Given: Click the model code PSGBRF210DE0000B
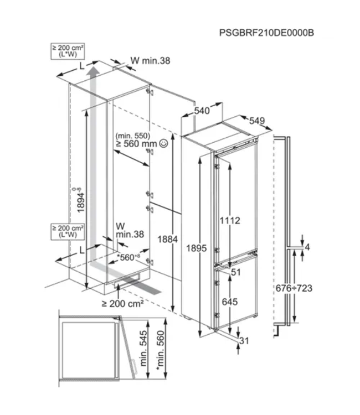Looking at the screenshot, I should (x=267, y=33).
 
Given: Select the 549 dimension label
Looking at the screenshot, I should (x=257, y=121).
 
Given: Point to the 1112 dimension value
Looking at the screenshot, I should (x=229, y=220).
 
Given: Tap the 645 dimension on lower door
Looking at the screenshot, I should (x=230, y=302).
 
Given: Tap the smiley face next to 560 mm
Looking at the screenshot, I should (x=163, y=143).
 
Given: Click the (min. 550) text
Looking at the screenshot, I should (x=132, y=135).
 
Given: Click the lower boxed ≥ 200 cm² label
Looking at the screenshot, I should (x=67, y=231).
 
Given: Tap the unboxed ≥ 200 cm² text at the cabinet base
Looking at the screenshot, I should (x=122, y=304).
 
